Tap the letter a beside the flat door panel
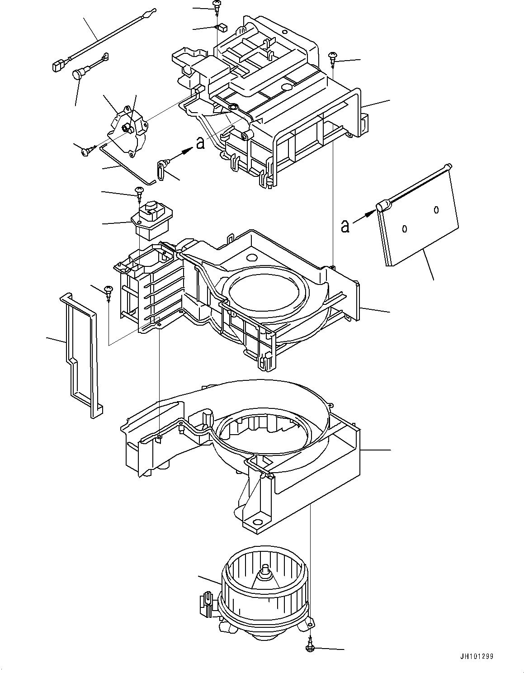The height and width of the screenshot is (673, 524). (x=345, y=226)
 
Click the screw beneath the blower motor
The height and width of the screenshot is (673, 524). (x=310, y=648)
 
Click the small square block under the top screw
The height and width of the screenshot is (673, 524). (x=221, y=27)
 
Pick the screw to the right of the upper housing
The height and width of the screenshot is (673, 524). (x=333, y=56)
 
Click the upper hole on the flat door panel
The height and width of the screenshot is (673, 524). (x=436, y=209)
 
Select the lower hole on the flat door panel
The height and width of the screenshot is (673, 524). (x=405, y=229)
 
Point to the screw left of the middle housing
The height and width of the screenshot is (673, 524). (x=108, y=290)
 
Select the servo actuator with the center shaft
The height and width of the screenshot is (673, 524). (x=127, y=131)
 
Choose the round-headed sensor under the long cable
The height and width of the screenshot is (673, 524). (x=79, y=74)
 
